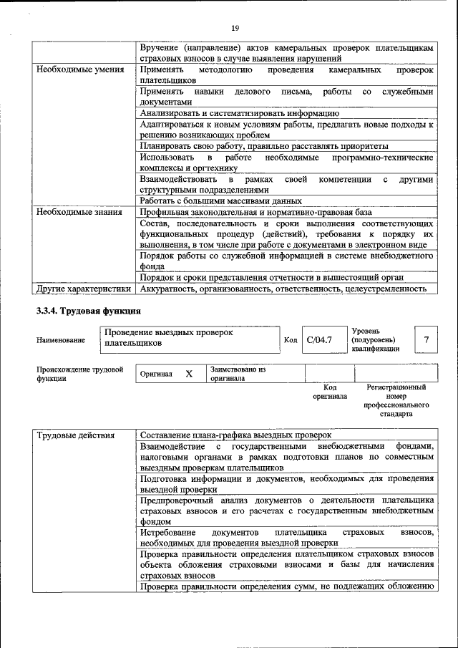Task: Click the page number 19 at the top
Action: click(x=234, y=28)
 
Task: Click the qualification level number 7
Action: click(x=427, y=339)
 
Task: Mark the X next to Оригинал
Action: click(x=189, y=374)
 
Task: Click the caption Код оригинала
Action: click(x=329, y=392)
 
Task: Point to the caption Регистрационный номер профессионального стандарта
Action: click(x=396, y=400)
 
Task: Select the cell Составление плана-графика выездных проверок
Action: click(x=235, y=435)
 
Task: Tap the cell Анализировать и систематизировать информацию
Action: click(x=239, y=113)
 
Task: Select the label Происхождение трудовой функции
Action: click(x=79, y=374)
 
